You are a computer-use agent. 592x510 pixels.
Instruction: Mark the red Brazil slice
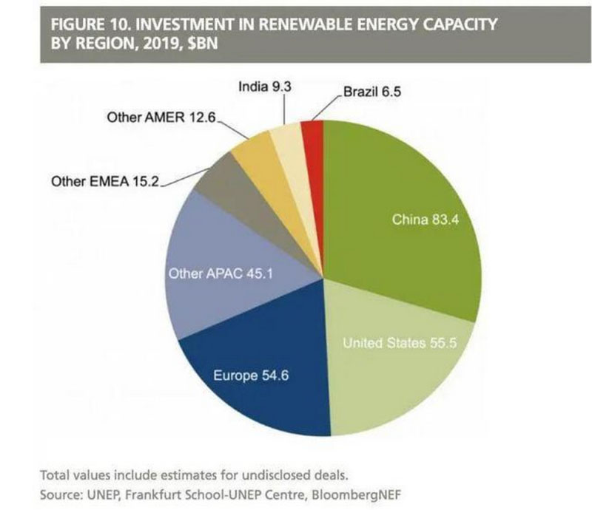click(314, 133)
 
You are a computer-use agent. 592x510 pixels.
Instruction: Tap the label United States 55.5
click(397, 343)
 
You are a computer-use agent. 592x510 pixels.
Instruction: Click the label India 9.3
click(264, 87)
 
